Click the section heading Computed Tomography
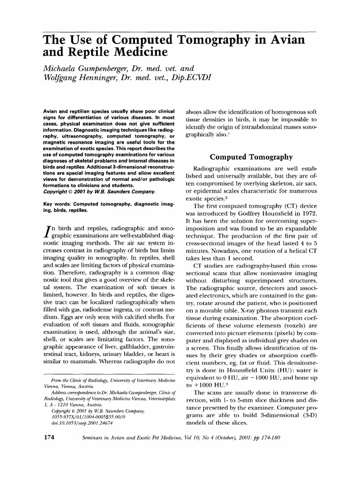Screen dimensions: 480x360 pyautogui.click(x=251, y=157)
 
